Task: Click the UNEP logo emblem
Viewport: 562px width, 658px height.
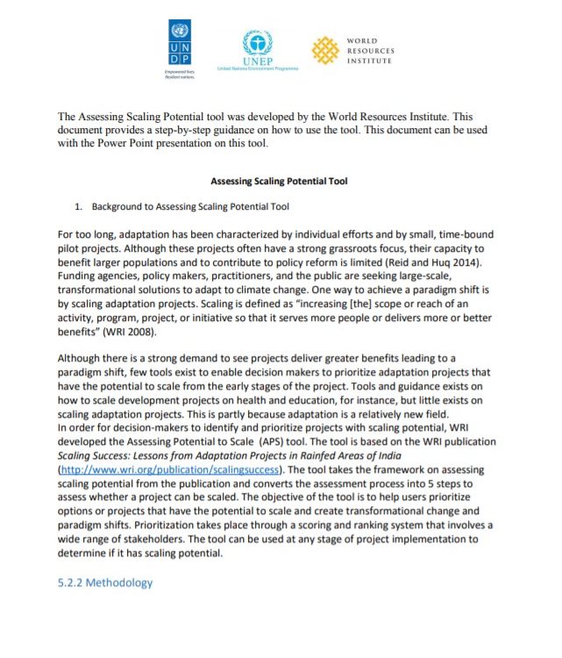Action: pos(257,42)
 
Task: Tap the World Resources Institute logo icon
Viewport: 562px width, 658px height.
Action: pos(324,51)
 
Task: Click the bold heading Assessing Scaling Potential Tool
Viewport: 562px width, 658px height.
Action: pos(280,182)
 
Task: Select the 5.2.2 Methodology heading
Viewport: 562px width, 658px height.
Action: pos(104,583)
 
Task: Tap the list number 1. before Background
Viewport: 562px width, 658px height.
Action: pos(78,207)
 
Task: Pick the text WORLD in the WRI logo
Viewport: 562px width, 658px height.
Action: pos(362,40)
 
